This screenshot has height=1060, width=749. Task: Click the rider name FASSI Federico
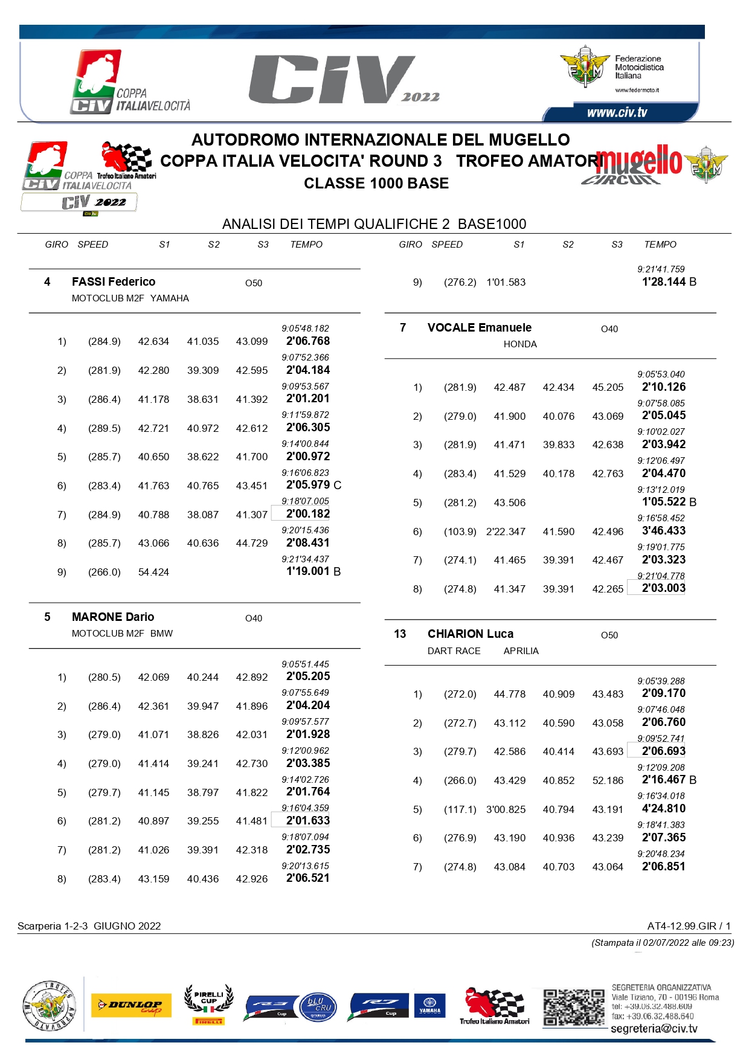[114, 282]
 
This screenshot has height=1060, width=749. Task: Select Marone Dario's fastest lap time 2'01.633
[308, 821]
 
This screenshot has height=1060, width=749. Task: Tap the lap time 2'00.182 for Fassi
[308, 514]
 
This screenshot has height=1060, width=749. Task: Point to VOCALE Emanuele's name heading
[480, 328]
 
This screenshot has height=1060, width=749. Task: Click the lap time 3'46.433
[664, 531]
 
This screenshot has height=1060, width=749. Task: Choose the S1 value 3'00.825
[506, 809]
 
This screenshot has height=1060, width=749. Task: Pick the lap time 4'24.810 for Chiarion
[664, 809]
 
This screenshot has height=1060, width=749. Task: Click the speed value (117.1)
[460, 809]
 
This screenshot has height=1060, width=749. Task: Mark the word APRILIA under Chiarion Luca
[521, 651]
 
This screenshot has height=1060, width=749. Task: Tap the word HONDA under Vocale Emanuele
[520, 344]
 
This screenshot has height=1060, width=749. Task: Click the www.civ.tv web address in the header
[617, 113]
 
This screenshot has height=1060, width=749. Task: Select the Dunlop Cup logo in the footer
[131, 1006]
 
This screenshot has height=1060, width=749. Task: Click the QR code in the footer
[573, 1007]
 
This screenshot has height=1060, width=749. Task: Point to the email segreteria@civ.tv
[654, 1029]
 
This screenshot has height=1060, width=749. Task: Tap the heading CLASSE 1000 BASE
[376, 184]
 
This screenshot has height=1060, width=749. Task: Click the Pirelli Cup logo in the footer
[209, 1005]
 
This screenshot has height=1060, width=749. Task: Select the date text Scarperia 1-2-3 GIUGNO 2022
[89, 927]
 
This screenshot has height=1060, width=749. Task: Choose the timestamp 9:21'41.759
[661, 269]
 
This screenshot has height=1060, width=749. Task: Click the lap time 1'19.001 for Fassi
[308, 571]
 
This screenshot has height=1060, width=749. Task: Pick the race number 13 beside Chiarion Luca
[400, 634]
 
